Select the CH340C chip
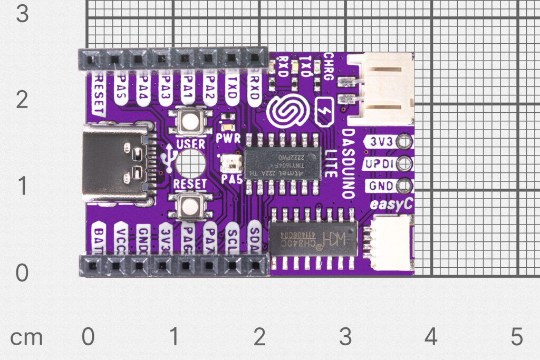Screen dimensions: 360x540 (313, 239)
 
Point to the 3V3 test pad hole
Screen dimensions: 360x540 (404, 141)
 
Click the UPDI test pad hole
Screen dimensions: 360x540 (404, 163)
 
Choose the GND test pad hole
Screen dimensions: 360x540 (404, 186)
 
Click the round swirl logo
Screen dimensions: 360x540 (285, 112)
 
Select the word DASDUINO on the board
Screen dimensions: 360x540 (348, 163)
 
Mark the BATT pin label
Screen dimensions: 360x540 (99, 239)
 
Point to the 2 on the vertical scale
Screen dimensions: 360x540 (22, 100)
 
